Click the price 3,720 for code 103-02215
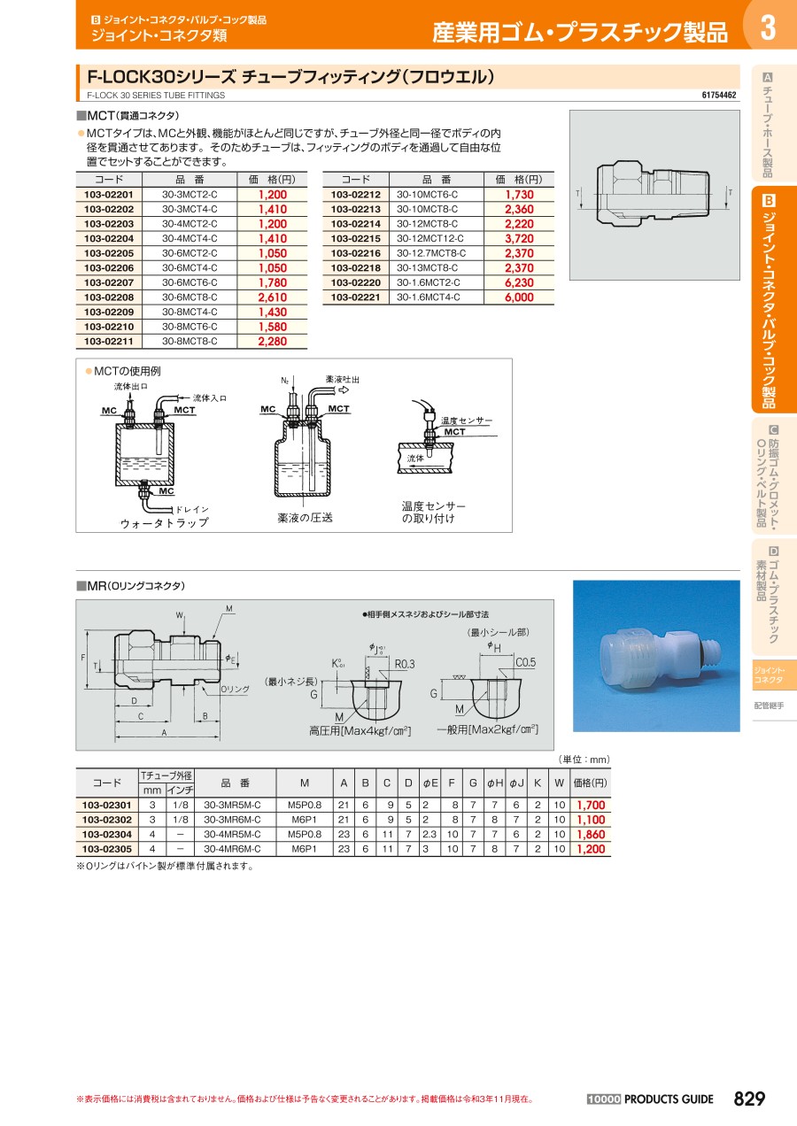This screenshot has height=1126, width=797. point(519,239)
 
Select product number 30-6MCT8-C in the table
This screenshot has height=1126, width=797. point(190,297)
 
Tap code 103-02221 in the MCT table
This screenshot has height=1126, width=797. point(355,297)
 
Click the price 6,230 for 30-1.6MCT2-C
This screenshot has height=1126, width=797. point(519,282)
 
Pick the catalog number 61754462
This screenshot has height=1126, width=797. point(718,95)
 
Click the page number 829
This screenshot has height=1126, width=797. point(749,1099)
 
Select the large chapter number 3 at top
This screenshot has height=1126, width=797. point(768,27)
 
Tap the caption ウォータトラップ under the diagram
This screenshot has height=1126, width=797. point(165,523)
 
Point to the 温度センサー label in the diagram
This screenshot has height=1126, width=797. point(467,420)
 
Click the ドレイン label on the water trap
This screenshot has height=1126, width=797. point(191,509)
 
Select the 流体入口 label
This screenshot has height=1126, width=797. point(210,398)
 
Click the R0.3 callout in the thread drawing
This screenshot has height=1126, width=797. point(405,664)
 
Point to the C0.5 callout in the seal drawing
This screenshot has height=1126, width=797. point(525,662)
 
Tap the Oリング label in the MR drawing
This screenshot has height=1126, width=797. point(235,689)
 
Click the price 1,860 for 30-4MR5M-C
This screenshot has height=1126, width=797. point(591,835)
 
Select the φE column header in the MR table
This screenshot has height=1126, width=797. point(430,783)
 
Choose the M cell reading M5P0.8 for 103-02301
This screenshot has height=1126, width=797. point(305,805)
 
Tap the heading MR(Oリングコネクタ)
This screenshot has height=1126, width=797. point(131,586)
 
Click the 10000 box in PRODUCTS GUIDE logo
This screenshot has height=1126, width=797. point(603,1099)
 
